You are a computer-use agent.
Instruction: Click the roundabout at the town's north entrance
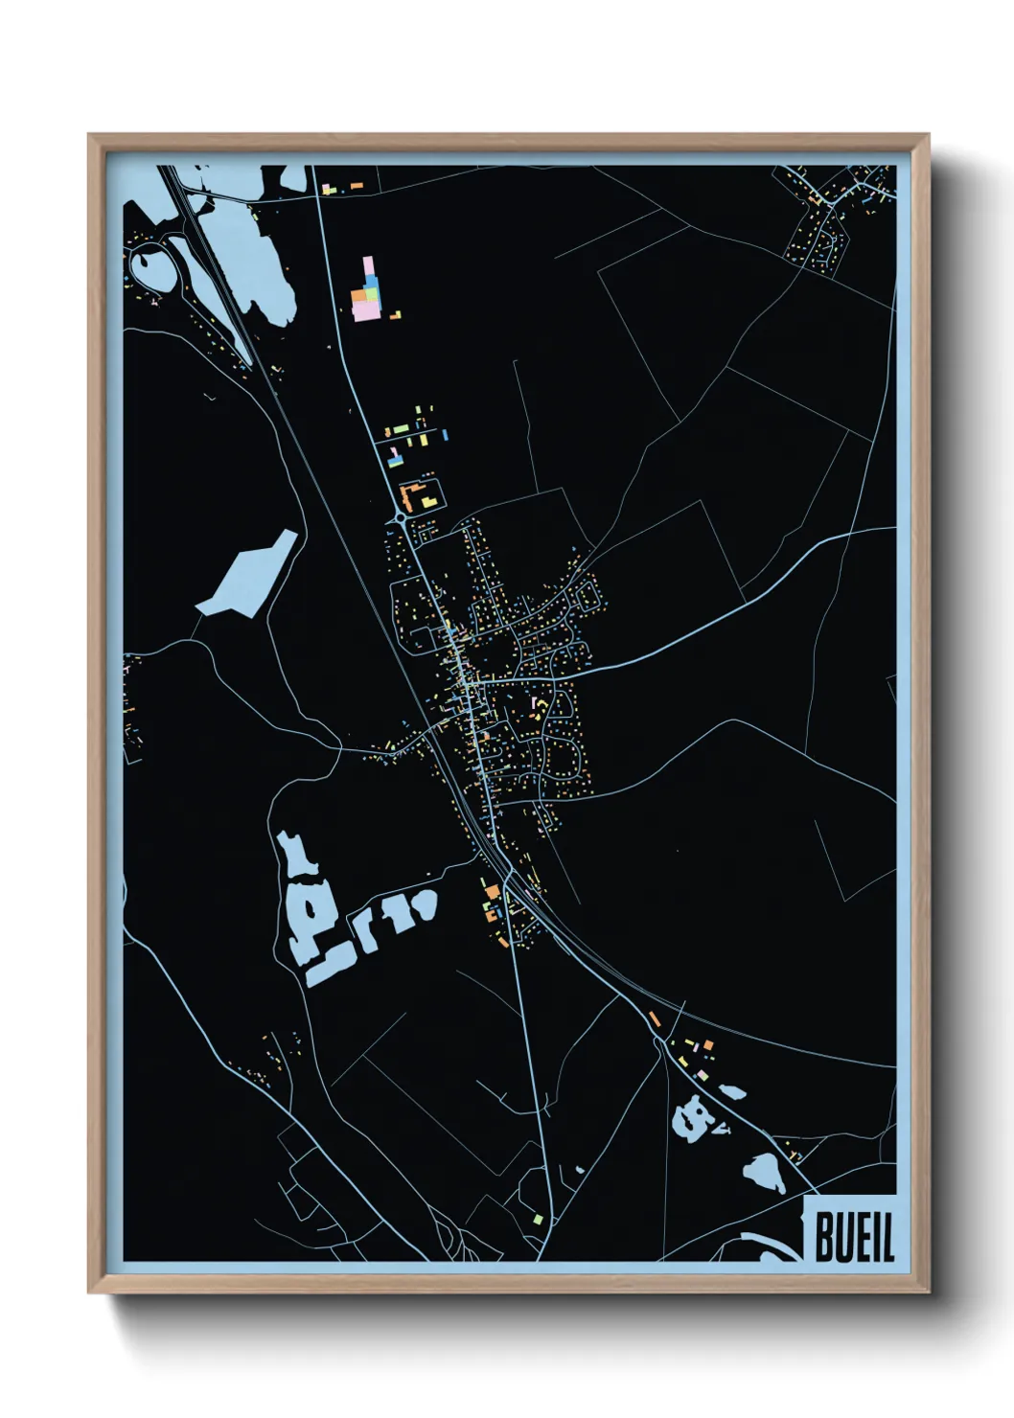pos(400,518)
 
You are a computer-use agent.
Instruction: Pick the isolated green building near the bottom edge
pos(539,1219)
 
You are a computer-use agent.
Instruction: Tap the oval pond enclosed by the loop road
pos(150,269)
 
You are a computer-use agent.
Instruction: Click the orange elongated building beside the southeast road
pos(655,1018)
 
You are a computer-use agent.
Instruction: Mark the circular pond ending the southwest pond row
pos(422,903)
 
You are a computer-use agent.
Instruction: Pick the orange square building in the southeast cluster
pos(708,1044)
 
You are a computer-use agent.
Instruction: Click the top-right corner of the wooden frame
pos(927,136)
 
